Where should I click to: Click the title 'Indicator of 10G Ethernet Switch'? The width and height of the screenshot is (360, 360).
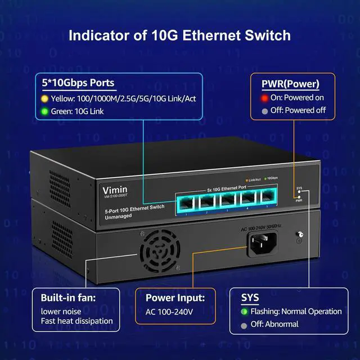(x=179, y=35)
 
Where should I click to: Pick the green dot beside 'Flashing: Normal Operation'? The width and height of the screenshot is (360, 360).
(x=244, y=311)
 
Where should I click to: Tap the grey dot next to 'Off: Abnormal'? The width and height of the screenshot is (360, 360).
(x=244, y=325)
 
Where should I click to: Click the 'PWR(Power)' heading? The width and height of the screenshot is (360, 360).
(x=290, y=84)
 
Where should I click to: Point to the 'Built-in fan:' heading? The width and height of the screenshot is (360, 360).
(x=74, y=298)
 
